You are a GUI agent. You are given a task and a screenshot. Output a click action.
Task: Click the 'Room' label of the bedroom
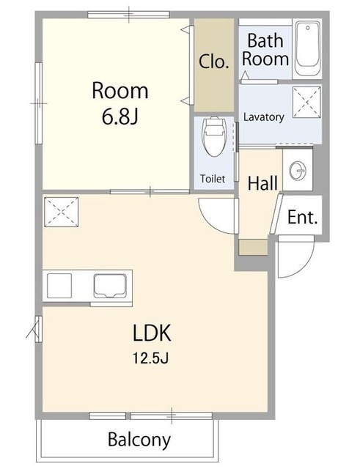coord(120,91)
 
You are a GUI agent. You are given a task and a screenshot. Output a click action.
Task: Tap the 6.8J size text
coord(120,117)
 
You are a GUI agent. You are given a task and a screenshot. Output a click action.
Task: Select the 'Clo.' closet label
coord(213,62)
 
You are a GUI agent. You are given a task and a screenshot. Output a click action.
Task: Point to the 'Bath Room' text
coord(265,50)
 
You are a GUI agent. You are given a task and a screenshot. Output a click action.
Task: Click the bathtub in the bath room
coord(307,49)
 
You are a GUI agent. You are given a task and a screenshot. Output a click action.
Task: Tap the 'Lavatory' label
coord(263,117)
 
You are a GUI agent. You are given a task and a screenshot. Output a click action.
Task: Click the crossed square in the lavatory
coord(306,102)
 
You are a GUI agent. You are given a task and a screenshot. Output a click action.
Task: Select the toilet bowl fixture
coord(214,136)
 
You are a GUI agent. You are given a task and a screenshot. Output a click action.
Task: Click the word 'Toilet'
coord(213,179)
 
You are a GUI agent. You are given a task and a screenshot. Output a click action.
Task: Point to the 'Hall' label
coord(262,183)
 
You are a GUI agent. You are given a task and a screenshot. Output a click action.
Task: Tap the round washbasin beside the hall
coord(298,171)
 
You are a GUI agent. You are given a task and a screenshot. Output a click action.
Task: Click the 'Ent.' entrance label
coord(302,217)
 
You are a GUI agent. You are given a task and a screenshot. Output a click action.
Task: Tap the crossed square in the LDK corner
coord(62,212)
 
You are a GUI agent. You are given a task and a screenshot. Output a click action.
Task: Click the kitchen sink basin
coord(110,287)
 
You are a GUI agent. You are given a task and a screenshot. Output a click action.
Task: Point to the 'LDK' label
coord(152,333)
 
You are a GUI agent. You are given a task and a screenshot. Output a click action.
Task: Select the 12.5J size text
coord(151,358)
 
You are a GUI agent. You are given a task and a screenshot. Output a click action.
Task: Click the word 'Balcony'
coord(139,439)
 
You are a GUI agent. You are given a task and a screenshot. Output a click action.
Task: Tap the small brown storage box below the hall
coord(253,248)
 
